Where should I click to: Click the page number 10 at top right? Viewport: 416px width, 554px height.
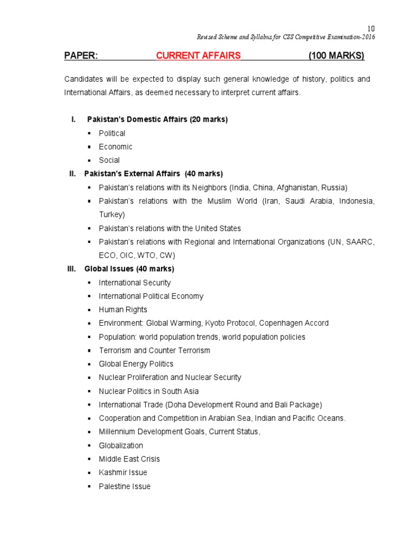371,29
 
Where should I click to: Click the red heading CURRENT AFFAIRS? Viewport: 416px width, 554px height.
198,56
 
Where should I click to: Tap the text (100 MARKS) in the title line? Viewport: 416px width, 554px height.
336,56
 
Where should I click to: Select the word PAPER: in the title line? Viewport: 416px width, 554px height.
81,56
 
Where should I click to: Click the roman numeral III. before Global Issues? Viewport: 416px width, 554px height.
71,269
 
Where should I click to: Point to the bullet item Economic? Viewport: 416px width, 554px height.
115,147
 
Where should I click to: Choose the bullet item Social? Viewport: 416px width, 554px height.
109,160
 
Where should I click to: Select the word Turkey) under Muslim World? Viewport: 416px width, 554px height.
112,215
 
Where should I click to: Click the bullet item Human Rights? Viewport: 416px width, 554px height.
123,309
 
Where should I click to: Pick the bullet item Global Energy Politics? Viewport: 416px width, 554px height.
136,364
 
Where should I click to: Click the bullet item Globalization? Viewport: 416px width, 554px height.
121,445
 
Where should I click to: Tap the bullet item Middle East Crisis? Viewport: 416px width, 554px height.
129,459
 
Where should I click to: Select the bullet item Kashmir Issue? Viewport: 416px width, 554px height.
123,472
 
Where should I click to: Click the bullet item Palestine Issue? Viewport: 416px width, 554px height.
125,486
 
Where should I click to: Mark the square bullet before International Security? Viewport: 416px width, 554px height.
88,282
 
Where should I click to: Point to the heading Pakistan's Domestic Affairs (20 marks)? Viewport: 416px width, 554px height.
157,120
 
